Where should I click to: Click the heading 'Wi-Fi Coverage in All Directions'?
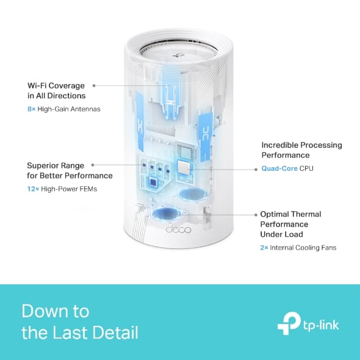pyautogui.click(x=56, y=91)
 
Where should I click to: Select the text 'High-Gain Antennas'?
pyautogui.click(x=68, y=109)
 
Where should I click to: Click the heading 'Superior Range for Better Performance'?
pyautogui.click(x=70, y=170)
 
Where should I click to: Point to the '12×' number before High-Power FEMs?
pyautogui.click(x=33, y=189)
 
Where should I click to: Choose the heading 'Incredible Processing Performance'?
pyautogui.click(x=301, y=150)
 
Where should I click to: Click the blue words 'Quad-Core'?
pyautogui.click(x=279, y=168)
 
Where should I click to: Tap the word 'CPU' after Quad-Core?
pyautogui.click(x=306, y=168)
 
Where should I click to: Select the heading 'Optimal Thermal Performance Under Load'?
pyautogui.click(x=290, y=224)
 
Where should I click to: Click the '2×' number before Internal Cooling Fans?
pyautogui.click(x=265, y=248)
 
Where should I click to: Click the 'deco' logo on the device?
pyautogui.click(x=178, y=230)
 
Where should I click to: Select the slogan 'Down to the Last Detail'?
pyautogui.click(x=79, y=322)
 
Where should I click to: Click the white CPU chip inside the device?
pyautogui.click(x=184, y=168)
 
